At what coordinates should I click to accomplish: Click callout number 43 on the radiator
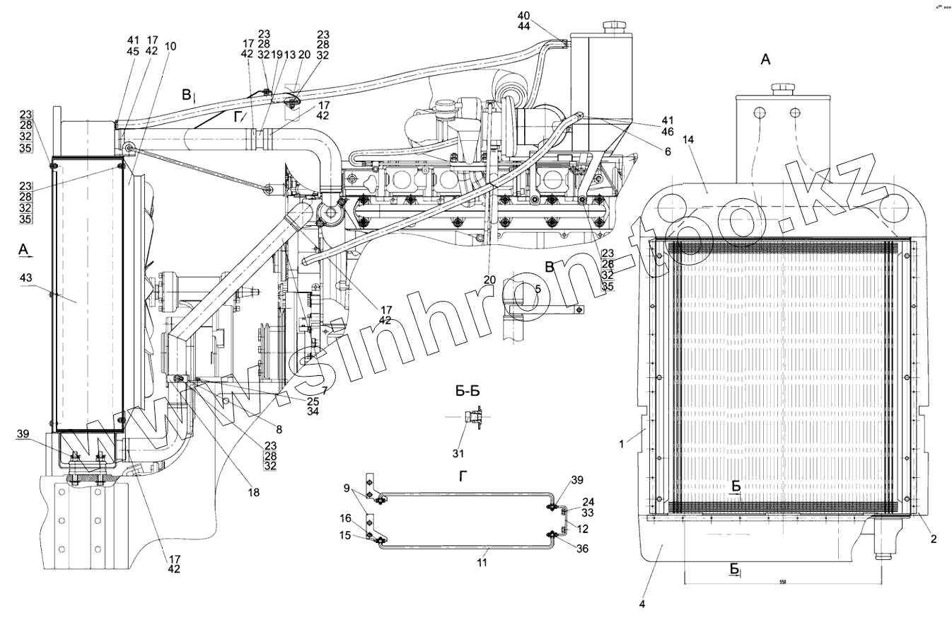(x=26, y=278)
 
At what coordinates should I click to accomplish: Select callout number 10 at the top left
(x=170, y=46)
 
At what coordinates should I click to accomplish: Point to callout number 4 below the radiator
(x=642, y=605)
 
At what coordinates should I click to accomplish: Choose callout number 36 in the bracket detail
(x=582, y=548)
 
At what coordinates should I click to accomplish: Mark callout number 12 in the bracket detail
(x=581, y=530)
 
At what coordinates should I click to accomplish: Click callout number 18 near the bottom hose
(x=253, y=491)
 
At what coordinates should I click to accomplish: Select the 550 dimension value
(x=782, y=583)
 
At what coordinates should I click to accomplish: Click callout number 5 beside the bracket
(x=538, y=289)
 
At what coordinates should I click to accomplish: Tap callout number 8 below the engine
(x=278, y=429)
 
